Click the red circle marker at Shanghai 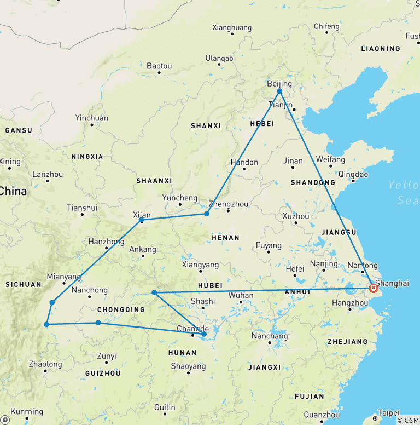pos(374,288)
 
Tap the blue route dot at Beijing pos(279,91)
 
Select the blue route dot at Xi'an pos(142,220)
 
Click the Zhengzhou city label pos(229,204)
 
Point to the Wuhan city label pos(241,295)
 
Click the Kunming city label pos(27,411)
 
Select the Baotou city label pos(159,66)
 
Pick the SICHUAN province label pos(23,284)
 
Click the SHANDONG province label pos(313,182)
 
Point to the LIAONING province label pos(381,49)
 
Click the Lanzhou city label pos(48,174)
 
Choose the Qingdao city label pos(353,174)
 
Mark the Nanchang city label pos(270,336)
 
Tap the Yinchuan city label pos(92,118)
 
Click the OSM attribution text pos(409,420)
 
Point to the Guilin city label pos(165,407)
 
